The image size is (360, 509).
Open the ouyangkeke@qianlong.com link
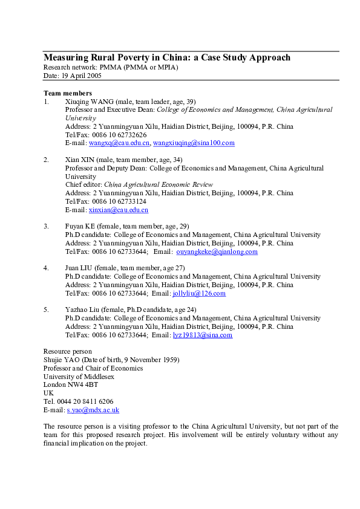pos(217,251)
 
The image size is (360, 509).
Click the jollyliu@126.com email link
pos(199,293)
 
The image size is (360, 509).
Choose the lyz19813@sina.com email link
pos(202,335)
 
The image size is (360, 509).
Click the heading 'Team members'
pos(68,93)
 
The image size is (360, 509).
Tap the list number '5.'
pos(47,310)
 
